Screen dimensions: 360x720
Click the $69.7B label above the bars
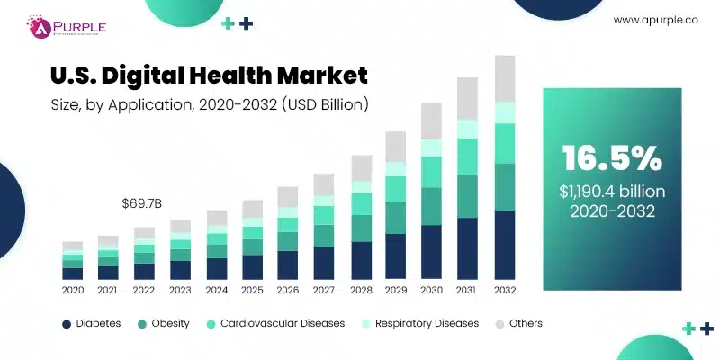tap(141, 203)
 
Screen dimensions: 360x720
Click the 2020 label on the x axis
tap(72, 291)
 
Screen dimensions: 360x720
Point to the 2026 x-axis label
tap(287, 291)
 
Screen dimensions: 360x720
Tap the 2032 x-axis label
tap(505, 291)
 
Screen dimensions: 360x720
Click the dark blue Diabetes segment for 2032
tap(505, 245)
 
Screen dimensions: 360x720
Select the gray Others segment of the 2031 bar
tap(468, 98)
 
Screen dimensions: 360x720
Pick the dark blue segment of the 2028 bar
tap(361, 260)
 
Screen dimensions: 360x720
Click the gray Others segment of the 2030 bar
tap(432, 120)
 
